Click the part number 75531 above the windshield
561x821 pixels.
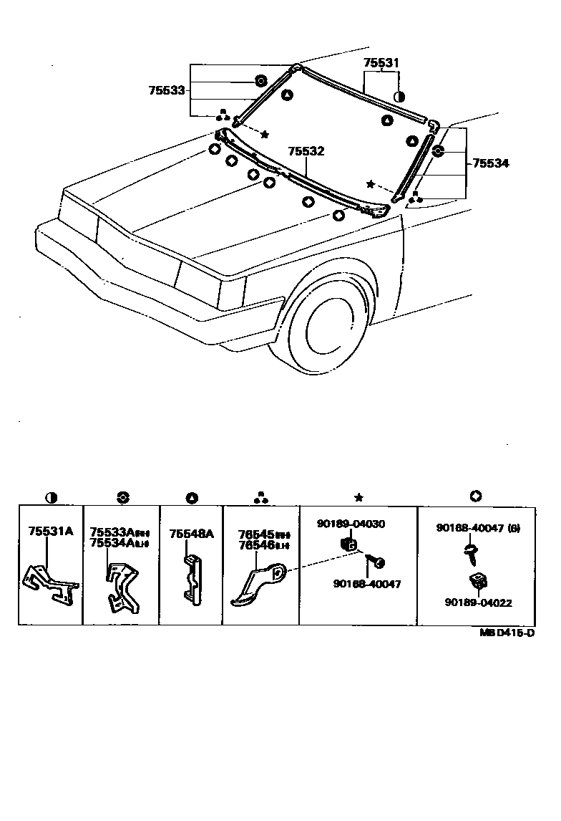pos(380,63)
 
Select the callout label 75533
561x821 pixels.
pos(167,91)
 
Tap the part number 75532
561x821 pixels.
pos(306,152)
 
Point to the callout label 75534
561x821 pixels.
pos(490,163)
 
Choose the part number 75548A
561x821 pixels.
pos(191,534)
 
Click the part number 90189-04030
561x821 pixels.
pos(351,524)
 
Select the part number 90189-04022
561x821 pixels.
pos(478,603)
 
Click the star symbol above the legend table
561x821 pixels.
pos(358,497)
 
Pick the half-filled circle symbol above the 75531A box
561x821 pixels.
pos(51,497)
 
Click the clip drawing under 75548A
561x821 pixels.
pos(190,576)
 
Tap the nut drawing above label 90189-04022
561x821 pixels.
pos(477,581)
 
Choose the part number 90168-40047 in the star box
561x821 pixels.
pos(367,584)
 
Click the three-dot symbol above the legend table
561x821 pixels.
pos(261,497)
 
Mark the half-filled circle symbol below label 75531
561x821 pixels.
pos(399,96)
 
